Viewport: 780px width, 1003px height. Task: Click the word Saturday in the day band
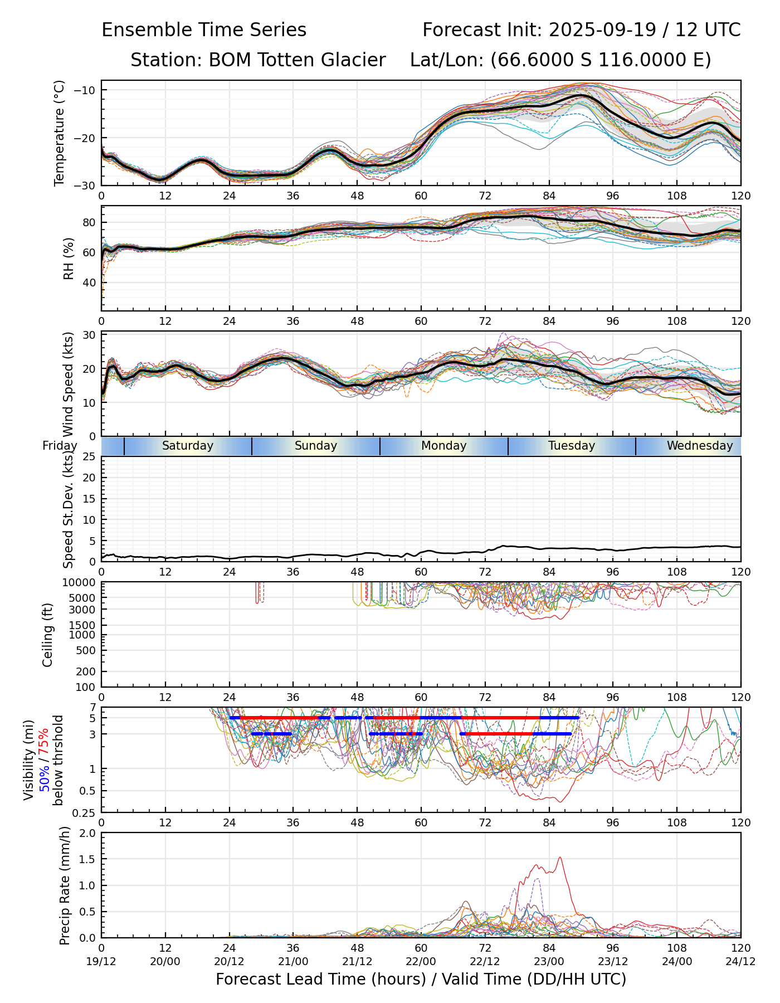coord(187,446)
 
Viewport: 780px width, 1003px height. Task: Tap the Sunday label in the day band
coord(315,446)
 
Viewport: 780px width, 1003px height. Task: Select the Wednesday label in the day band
coord(699,446)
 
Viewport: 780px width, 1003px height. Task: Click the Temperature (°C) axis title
coord(60,133)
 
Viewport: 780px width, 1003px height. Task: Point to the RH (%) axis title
coord(69,258)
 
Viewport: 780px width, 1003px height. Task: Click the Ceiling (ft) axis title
coord(48,635)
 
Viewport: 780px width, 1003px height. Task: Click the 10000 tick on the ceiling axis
coord(79,583)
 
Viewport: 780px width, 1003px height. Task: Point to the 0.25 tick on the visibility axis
coord(85,812)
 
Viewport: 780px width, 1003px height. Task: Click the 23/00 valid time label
coord(549,961)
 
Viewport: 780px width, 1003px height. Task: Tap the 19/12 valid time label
coord(101,961)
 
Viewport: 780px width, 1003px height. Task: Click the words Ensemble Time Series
coord(204,30)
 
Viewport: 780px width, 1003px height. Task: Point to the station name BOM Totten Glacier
coord(296,60)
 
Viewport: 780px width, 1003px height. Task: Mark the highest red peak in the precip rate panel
coord(559,858)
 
